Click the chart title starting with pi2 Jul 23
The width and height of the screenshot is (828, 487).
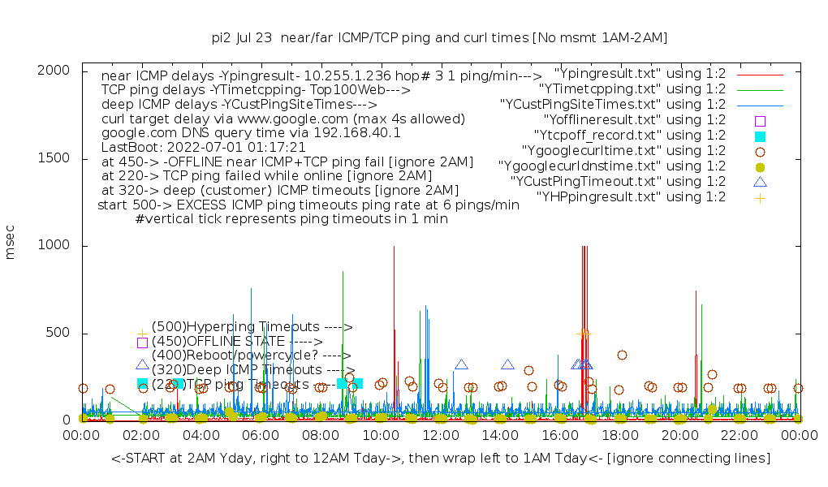coord(439,37)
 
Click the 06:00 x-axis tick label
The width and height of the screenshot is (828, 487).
coord(261,436)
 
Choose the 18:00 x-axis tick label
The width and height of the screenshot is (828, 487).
coord(619,436)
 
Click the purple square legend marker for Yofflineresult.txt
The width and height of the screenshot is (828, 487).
coord(760,120)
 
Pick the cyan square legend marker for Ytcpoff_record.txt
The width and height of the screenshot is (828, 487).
coord(760,136)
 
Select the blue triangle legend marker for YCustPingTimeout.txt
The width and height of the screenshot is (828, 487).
coord(760,182)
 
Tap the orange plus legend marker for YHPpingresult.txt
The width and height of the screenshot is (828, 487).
coord(760,197)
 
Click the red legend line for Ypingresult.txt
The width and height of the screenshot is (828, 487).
coord(760,74)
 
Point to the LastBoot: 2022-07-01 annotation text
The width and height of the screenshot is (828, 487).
coord(203,148)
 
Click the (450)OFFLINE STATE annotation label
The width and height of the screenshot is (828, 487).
coord(236,342)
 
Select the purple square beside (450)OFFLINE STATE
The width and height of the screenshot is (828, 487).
coord(142,343)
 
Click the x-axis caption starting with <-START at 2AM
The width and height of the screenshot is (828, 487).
coord(441,459)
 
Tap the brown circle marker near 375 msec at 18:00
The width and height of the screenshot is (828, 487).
coord(622,355)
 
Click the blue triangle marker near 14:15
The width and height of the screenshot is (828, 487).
coord(507,365)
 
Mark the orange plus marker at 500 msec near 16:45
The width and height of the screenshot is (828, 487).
coord(584,333)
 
